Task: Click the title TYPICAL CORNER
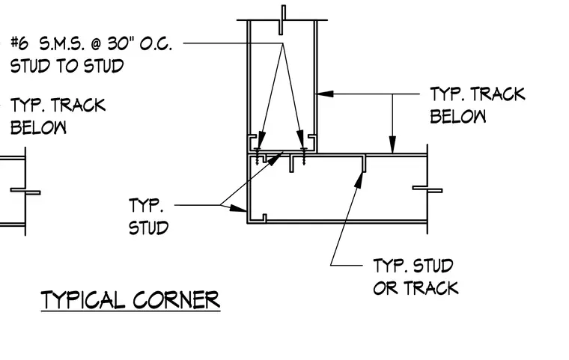[130, 300]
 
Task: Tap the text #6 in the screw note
[19, 43]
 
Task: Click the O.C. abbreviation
[155, 44]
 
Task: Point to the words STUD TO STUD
[67, 66]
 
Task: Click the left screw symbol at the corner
[258, 156]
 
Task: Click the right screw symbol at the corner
[304, 156]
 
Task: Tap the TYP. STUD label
[148, 216]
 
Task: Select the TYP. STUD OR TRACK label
[416, 276]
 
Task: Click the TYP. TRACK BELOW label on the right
[478, 106]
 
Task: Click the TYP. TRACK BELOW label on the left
[58, 116]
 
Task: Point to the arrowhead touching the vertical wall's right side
[325, 94]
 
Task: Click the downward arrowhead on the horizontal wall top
[392, 144]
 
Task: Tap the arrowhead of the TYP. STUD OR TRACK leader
[359, 180]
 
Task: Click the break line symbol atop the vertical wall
[282, 20]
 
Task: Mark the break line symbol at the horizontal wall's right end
[427, 189]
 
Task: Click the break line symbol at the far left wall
[25, 192]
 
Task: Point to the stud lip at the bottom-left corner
[264, 218]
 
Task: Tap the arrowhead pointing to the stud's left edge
[238, 208]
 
